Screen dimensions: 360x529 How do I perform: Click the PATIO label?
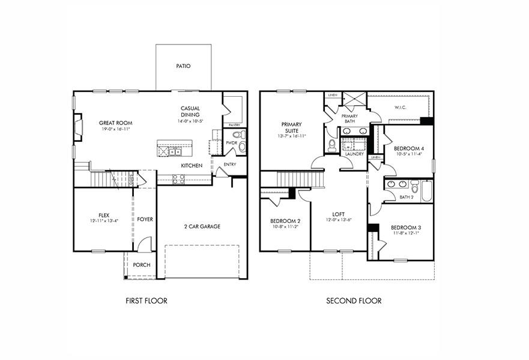pyautogui.click(x=183, y=66)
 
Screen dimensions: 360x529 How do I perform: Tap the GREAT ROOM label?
pyautogui.click(x=115, y=123)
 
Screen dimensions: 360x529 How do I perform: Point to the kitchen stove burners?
pyautogui.click(x=178, y=178)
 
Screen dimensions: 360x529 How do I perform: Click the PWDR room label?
pyautogui.click(x=231, y=143)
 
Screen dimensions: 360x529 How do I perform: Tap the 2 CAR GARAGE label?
pyautogui.click(x=202, y=227)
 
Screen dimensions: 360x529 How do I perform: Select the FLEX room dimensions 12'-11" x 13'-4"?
pyautogui.click(x=104, y=221)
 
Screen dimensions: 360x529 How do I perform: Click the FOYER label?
pyautogui.click(x=145, y=219)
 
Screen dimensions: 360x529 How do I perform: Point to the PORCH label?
pyautogui.click(x=142, y=265)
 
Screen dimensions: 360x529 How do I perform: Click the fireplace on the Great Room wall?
pyautogui.click(x=77, y=128)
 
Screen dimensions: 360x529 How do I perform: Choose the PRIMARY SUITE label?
pyautogui.click(x=291, y=127)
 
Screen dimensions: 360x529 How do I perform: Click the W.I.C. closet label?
pyautogui.click(x=401, y=108)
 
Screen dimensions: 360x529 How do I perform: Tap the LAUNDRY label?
pyautogui.click(x=354, y=154)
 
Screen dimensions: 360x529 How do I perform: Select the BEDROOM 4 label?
pyautogui.click(x=408, y=148)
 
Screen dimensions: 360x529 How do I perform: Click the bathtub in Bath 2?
pyautogui.click(x=426, y=191)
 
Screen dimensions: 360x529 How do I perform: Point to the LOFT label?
pyautogui.click(x=339, y=213)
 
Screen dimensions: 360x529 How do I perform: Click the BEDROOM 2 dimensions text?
pyautogui.click(x=285, y=227)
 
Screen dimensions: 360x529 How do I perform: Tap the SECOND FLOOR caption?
pyautogui.click(x=354, y=301)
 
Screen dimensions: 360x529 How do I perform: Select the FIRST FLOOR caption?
pyautogui.click(x=147, y=301)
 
